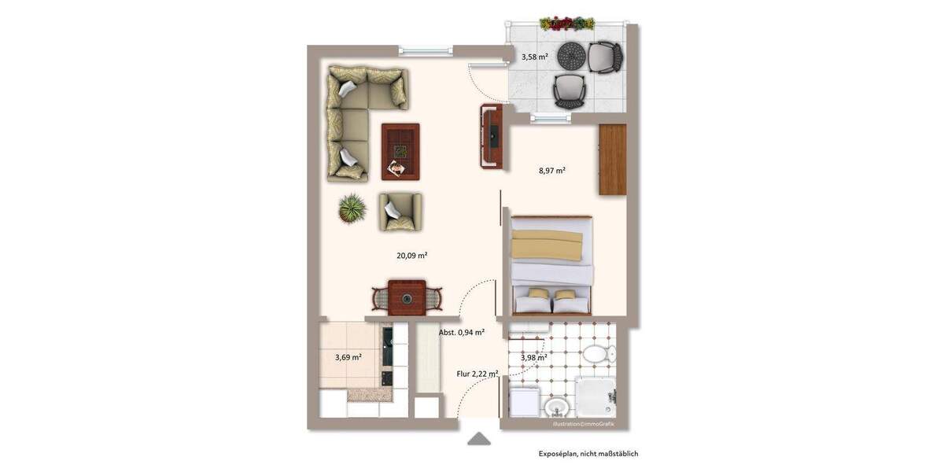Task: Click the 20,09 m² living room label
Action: (411, 255)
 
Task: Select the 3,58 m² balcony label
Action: (535, 57)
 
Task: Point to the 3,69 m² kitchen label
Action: (348, 357)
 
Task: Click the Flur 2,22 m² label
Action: (478, 374)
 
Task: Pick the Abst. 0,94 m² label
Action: (462, 332)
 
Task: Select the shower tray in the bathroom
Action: (596, 397)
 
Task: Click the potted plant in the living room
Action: (352, 209)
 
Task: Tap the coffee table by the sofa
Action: (400, 151)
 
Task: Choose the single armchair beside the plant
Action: (400, 212)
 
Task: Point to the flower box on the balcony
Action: (567, 24)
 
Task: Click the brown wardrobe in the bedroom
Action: (612, 159)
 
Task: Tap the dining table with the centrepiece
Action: (407, 297)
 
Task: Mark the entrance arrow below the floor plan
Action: (479, 440)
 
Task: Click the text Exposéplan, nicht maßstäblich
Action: (588, 454)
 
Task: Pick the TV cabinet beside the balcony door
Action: (491, 137)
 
